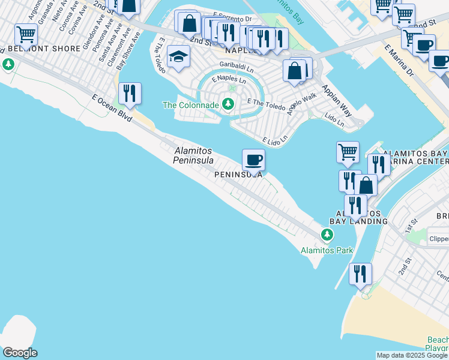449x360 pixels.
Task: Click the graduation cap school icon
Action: tap(178, 56)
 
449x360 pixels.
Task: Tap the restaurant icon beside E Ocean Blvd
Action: tap(130, 93)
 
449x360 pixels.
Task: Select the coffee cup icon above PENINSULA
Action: tap(253, 160)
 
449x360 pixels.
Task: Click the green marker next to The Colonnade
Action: tap(228, 104)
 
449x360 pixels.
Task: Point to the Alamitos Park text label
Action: tap(327, 250)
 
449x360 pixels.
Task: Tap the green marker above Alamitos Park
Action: tap(327, 234)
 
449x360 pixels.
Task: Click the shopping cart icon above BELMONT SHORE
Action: tap(26, 34)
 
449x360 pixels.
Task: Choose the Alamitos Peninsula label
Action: tap(193, 156)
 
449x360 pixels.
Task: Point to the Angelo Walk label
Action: tap(301, 104)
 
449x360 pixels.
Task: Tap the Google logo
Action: tap(20, 353)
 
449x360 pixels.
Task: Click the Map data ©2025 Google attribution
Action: tap(412, 355)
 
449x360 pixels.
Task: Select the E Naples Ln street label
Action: tap(229, 80)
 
